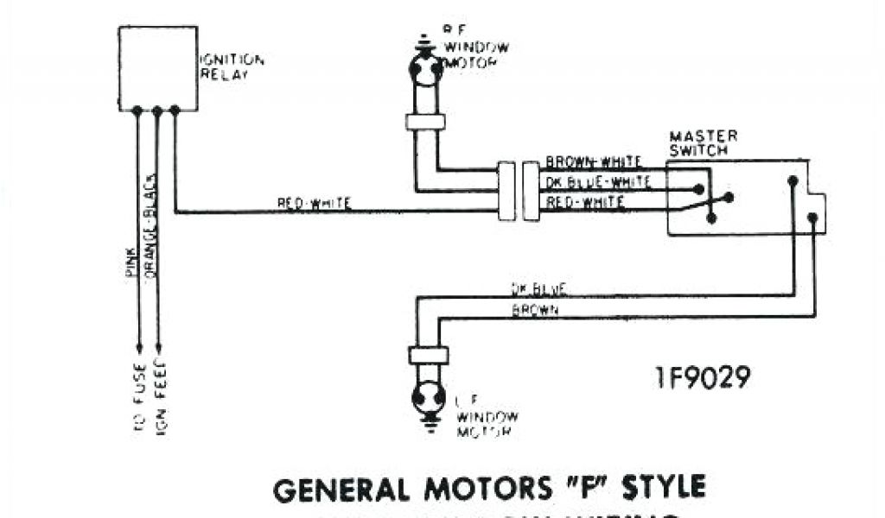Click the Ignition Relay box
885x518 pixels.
(x=157, y=68)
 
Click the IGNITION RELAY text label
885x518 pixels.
(x=232, y=66)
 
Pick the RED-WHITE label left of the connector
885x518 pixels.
(x=314, y=204)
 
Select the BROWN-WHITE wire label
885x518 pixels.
(x=594, y=162)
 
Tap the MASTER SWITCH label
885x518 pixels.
(x=704, y=142)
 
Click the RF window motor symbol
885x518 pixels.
(x=425, y=69)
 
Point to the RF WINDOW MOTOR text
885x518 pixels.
(x=475, y=47)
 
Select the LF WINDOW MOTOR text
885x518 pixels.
(x=487, y=416)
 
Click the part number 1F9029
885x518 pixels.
(x=702, y=377)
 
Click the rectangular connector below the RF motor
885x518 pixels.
(x=425, y=122)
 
